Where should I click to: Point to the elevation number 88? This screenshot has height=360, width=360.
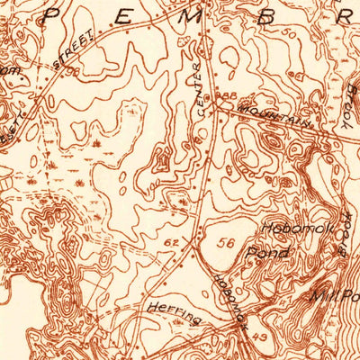tap(229, 96)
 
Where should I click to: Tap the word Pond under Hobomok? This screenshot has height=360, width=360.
tap(270, 254)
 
